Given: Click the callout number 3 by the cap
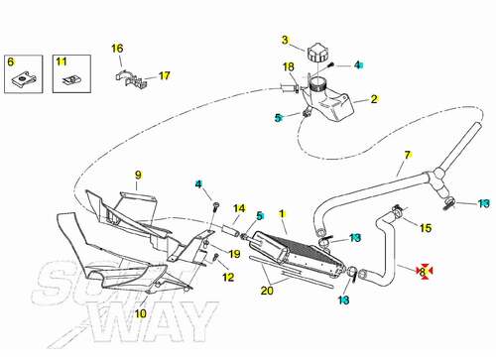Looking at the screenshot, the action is pos(285,40).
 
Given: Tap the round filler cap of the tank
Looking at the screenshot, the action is pos(317,54).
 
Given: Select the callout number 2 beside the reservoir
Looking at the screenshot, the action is pos(374,99).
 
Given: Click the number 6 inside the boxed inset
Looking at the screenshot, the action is pos(11,61).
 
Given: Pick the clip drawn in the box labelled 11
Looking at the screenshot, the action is pos(69,80).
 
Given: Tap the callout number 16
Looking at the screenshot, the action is pos(117,49).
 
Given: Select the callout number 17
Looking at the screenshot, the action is pos(165,75).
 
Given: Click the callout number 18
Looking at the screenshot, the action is pos(289,66).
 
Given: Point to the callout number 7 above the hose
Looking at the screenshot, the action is pos(408,155).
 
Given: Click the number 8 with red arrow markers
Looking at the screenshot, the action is pos(423,272).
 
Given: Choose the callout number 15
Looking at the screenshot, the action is pos(426,228).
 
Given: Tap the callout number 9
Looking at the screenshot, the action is pos(138,175).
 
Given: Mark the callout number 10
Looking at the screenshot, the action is pos(141,313).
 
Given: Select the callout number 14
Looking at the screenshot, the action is pos(239,208).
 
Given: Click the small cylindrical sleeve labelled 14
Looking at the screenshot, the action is pos(230,231).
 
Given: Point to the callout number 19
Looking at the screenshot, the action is pos(234,254).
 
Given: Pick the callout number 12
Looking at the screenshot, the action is pos(228,277).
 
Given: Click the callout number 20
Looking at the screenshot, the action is pos(267,291).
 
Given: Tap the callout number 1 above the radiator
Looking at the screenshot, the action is pos(282,214).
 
